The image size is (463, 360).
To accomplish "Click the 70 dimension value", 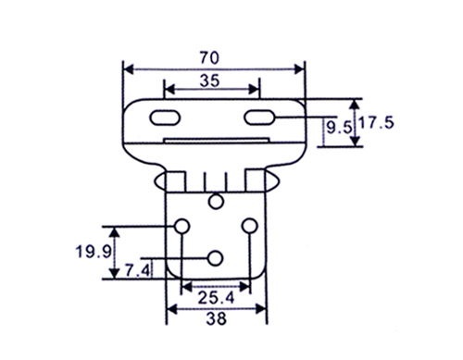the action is pos(209,58).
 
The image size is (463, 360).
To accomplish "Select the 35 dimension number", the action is pos(209,81).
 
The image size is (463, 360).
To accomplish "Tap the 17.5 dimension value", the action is pos(377,123).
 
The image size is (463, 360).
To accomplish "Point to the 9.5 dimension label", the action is pos(339,128).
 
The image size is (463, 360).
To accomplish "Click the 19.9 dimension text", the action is pos(94,252).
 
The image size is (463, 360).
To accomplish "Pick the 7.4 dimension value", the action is pos(138,270).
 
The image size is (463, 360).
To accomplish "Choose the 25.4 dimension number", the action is pos(216,298).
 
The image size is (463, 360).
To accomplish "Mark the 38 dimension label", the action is pos(217,318).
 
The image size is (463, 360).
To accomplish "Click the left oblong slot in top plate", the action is pos(165,118).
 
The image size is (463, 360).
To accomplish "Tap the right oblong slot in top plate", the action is pos(259,118).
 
